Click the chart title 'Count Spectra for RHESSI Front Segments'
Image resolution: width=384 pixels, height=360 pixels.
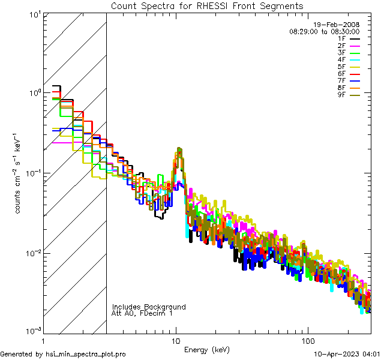pos(207,5)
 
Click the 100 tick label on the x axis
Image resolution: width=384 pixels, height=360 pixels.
pos(308,341)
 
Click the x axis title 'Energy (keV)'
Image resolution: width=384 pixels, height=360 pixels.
pos(207,349)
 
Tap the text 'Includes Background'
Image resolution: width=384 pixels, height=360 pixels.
pos(149,307)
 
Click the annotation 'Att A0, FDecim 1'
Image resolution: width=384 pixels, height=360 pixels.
pos(142,314)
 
